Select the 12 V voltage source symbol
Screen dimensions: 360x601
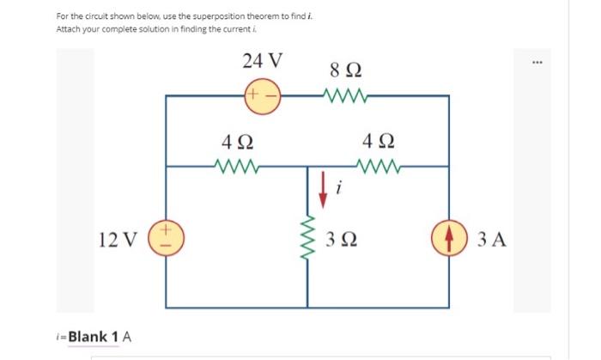click(166, 236)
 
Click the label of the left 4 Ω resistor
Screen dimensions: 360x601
click(236, 138)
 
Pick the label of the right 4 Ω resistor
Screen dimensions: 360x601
click(379, 138)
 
